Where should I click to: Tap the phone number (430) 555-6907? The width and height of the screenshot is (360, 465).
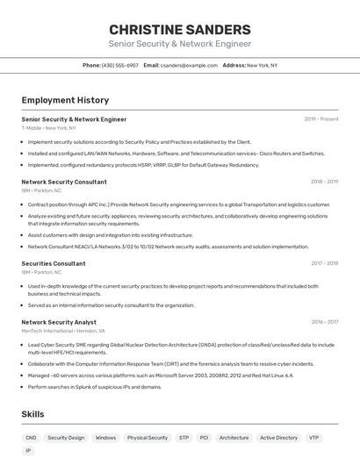120,65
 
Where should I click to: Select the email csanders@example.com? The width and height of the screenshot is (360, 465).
189,65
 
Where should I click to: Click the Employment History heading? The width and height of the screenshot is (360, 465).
64,101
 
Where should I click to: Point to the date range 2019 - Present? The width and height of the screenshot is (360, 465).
321,119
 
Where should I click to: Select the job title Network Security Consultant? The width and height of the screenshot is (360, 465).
64,182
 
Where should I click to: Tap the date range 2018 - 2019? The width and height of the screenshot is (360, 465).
324,182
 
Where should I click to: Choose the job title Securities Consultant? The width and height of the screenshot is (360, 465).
54,263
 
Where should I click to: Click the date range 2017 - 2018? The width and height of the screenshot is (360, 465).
324,263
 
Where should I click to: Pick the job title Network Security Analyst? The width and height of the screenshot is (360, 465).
59,322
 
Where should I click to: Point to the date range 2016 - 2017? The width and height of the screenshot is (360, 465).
324,322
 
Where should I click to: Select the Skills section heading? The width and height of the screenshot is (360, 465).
33,414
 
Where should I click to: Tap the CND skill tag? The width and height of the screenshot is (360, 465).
31,437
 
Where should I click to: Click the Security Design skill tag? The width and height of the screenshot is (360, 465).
66,437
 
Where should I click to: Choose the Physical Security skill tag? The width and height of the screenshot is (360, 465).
147,437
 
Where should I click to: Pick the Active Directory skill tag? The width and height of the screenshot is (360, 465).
278,437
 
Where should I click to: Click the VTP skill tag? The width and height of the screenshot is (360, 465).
313,437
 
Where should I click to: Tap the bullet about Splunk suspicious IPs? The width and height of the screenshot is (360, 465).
95,387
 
